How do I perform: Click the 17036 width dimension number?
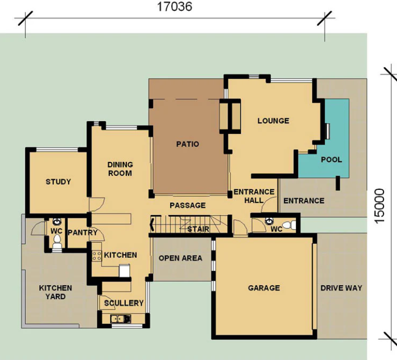174,7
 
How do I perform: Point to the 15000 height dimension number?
379,206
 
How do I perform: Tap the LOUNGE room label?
273,121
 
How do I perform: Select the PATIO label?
188,144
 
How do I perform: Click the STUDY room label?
58,182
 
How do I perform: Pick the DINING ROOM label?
120,169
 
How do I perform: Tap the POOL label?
332,159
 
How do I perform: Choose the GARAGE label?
264,288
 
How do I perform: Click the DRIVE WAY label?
341,288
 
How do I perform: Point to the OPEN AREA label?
180,258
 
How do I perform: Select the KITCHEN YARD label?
56,292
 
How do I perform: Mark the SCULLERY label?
124,303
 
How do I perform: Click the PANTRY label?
82,232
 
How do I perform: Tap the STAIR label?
198,229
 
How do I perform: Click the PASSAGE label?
188,205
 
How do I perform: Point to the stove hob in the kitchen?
97,256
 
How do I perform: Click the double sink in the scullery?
121,319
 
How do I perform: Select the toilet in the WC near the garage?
289,225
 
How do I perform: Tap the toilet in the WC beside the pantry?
57,242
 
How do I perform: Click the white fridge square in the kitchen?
125,271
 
